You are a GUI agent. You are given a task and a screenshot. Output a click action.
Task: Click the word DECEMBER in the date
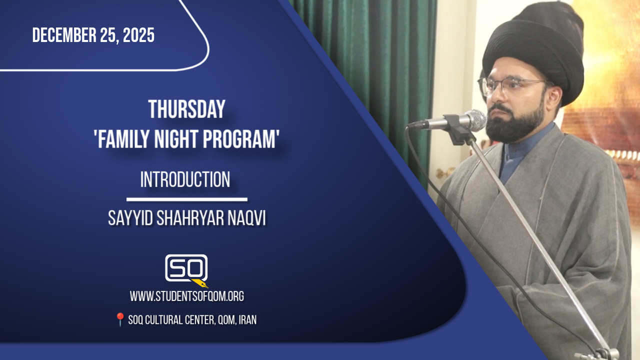coord(64,35)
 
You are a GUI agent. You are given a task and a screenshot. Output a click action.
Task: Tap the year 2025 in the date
coord(139,35)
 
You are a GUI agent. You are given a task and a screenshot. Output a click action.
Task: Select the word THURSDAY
coord(187,109)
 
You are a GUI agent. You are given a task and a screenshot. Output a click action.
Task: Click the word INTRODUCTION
coord(185,179)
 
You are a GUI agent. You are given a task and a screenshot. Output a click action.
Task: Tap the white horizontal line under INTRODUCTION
coord(187,199)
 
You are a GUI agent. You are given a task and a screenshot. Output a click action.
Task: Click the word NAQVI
coord(247,218)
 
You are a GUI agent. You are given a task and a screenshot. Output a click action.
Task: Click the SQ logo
coord(186,268)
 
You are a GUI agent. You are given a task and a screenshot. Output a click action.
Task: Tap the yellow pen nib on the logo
coord(201,283)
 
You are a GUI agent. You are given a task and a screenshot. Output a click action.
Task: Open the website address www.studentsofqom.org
coord(187,296)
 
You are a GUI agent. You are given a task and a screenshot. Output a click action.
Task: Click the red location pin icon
coord(120,319)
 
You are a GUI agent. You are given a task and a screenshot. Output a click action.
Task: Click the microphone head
coord(474,120)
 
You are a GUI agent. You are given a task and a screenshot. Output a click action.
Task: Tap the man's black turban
coord(533,48)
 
